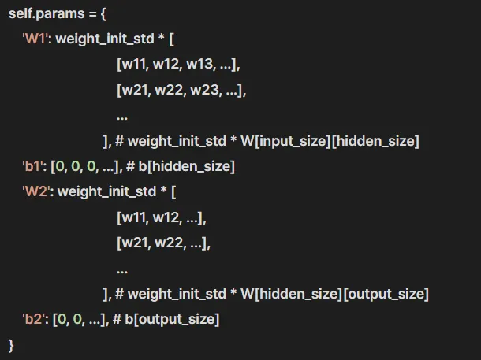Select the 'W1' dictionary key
(x=35, y=39)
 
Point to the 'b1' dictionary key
(x=33, y=166)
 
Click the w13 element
(x=200, y=65)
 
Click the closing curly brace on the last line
(x=11, y=344)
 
